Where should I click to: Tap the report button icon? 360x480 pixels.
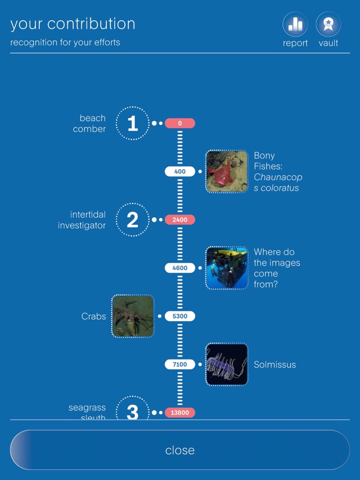(x=295, y=24)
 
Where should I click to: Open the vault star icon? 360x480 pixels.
(x=328, y=24)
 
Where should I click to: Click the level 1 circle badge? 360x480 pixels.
(x=133, y=123)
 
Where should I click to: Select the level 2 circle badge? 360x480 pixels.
(x=133, y=220)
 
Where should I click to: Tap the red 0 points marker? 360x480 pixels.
(x=180, y=123)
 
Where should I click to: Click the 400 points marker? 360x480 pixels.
(x=180, y=171)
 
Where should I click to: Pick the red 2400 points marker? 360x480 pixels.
(x=180, y=220)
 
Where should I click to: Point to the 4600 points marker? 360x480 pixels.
(x=180, y=268)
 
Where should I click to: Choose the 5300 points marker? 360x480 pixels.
(x=180, y=316)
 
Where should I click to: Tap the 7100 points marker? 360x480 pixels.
(x=180, y=365)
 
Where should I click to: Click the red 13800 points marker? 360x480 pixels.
(x=180, y=413)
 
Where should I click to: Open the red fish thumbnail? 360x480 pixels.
(x=227, y=171)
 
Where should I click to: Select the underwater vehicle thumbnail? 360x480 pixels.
(x=227, y=268)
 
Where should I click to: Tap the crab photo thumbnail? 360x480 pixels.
(x=133, y=316)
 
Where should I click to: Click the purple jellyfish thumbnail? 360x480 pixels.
(x=227, y=365)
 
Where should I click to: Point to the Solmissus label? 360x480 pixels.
(x=274, y=365)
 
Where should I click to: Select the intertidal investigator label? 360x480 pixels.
(x=82, y=220)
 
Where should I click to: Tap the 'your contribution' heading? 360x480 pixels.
(x=73, y=24)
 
